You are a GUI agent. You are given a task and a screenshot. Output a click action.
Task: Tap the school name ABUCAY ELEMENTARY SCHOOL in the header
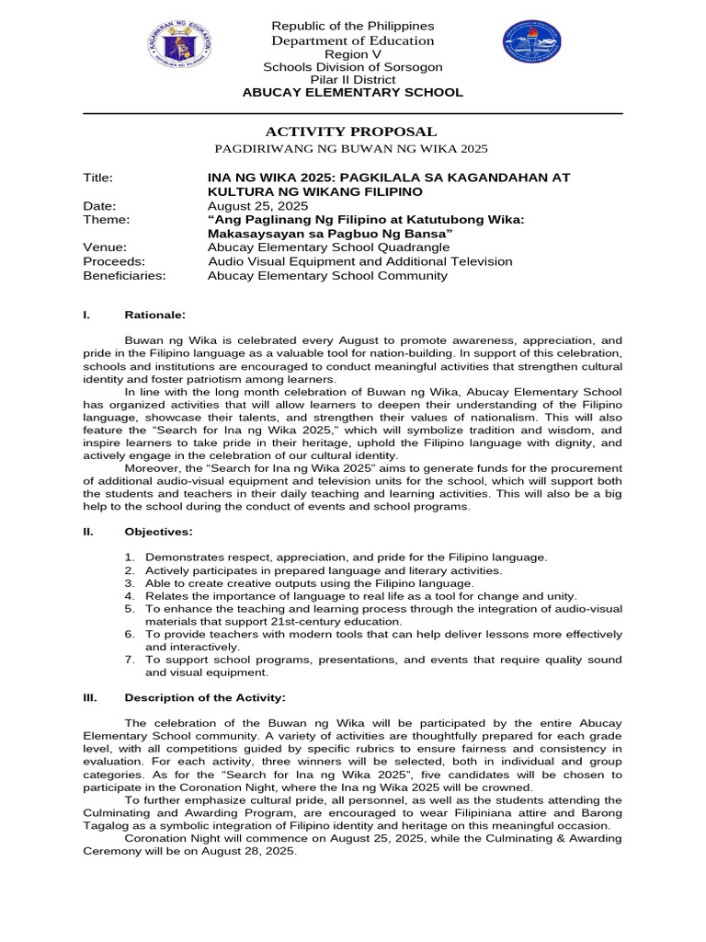[x=352, y=93]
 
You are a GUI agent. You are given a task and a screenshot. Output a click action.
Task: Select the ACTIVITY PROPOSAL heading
[x=351, y=132]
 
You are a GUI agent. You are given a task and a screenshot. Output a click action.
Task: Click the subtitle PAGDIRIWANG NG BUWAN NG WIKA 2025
[x=351, y=148]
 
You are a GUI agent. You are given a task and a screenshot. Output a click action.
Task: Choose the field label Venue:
[x=104, y=247]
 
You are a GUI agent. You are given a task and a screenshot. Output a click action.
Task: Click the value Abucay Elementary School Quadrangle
[x=329, y=247]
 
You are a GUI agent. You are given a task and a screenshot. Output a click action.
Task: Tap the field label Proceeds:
[x=114, y=261]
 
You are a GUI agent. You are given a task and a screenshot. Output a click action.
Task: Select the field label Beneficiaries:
[x=124, y=275]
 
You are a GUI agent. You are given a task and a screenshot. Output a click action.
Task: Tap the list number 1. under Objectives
[x=130, y=557]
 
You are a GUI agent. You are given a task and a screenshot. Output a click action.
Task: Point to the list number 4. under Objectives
[x=130, y=596]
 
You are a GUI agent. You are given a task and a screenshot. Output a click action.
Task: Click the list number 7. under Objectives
[x=130, y=660]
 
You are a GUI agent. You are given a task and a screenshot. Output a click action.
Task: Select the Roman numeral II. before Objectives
[x=88, y=532]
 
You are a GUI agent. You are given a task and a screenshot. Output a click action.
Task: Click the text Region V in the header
[x=352, y=54]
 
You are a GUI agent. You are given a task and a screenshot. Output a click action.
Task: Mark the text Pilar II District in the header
[x=352, y=80]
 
